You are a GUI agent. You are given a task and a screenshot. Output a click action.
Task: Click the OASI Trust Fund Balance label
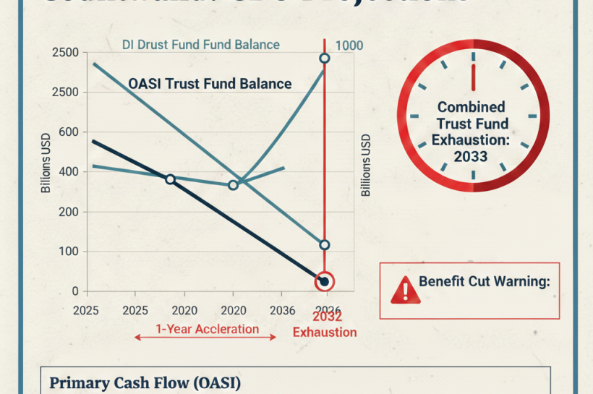(210, 83)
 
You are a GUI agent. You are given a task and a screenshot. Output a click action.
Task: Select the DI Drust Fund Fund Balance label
(200, 45)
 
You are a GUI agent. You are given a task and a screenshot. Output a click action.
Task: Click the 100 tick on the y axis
(73, 252)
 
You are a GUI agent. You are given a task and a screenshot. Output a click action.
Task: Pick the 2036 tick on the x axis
(282, 310)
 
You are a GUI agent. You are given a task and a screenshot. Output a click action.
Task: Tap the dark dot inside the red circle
(325, 282)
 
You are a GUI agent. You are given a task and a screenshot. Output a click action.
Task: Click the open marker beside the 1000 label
(325, 59)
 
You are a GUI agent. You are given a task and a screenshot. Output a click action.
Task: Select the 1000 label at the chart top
(350, 46)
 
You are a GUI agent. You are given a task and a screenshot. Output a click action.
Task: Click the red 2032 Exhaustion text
(325, 325)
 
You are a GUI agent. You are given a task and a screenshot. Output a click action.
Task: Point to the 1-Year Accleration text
(207, 329)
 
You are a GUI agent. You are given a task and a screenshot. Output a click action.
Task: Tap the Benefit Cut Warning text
(484, 282)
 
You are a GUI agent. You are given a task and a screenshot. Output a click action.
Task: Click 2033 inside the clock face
(471, 156)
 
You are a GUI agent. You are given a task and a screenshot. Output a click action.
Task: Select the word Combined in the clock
(471, 108)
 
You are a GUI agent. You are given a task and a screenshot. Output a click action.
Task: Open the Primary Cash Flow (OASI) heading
(145, 383)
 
